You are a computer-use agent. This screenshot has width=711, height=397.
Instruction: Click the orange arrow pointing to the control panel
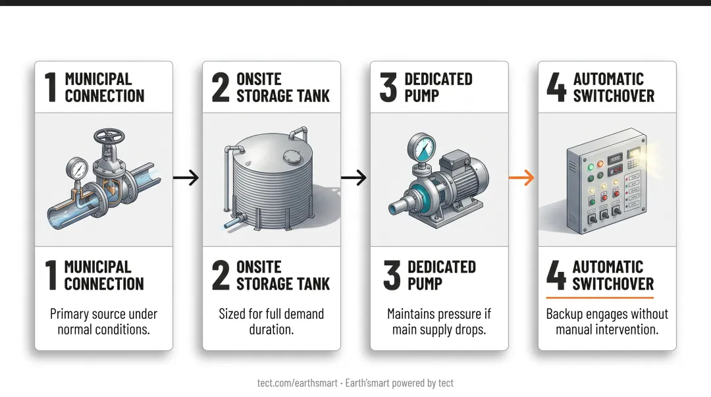[x=521, y=177]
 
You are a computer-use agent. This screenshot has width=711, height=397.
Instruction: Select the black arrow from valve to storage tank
[x=186, y=177]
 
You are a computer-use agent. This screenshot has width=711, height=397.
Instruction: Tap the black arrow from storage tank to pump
[x=354, y=177]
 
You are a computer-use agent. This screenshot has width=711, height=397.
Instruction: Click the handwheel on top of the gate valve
[x=109, y=136]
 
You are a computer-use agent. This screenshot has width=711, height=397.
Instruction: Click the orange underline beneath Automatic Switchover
[x=600, y=298]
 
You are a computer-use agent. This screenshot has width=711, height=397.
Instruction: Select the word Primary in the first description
[x=69, y=314]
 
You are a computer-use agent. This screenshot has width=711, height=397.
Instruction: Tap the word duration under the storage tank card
[x=271, y=329]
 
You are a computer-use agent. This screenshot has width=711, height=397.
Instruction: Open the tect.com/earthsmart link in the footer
[x=298, y=383]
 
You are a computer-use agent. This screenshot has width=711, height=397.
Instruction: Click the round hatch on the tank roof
[x=292, y=157]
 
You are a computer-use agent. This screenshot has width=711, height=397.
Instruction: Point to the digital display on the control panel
[x=614, y=159]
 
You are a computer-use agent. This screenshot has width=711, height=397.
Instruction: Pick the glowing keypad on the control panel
[x=633, y=163]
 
